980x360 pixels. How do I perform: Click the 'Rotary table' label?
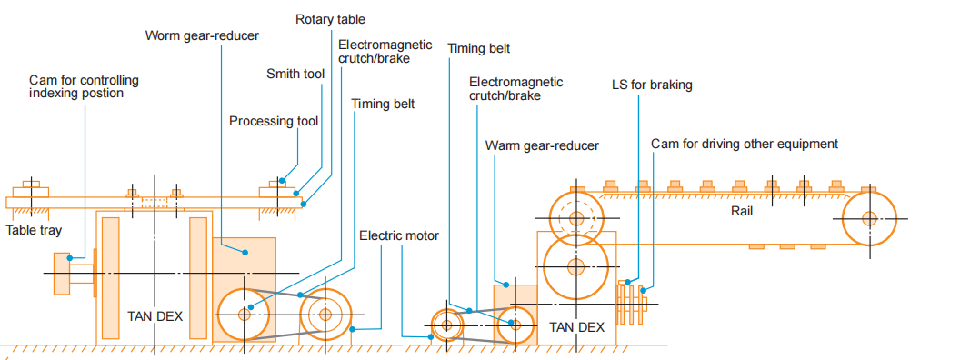click(x=330, y=19)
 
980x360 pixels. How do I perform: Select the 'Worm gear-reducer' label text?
click(x=202, y=35)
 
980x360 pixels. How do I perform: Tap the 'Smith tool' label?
click(x=295, y=75)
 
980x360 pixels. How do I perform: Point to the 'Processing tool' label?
click(x=274, y=121)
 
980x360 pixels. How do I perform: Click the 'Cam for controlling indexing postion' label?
click(x=84, y=87)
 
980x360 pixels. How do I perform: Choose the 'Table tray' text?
click(x=34, y=230)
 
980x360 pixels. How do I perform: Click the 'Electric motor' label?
click(x=399, y=235)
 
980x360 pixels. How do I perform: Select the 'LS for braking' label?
click(x=652, y=85)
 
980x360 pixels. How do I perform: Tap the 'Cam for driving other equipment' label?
click(x=745, y=145)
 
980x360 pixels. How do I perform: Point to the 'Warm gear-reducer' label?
click(x=542, y=145)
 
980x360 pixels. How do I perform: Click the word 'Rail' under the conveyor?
click(x=742, y=211)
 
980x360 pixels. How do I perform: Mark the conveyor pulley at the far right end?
click(x=869, y=219)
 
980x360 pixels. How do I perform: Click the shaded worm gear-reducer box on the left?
click(x=244, y=290)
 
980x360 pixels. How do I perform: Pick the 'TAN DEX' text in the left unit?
click(x=155, y=316)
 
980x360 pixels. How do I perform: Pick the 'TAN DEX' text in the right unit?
click(x=577, y=327)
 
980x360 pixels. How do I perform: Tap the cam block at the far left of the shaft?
click(x=62, y=273)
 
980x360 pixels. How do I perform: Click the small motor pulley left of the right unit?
click(x=447, y=325)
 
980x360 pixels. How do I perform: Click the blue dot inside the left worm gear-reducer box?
click(x=245, y=253)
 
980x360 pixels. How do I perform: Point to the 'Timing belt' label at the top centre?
click(x=479, y=49)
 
